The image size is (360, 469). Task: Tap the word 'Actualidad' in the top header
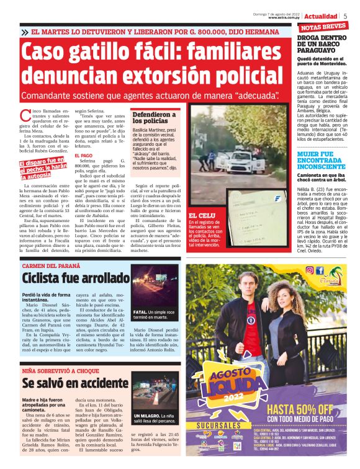coord(322,16)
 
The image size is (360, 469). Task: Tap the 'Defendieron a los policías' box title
coord(154,118)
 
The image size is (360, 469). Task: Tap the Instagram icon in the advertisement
coord(309,270)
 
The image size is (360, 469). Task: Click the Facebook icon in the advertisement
coord(320,270)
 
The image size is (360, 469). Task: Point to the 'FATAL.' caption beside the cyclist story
coord(141,312)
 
